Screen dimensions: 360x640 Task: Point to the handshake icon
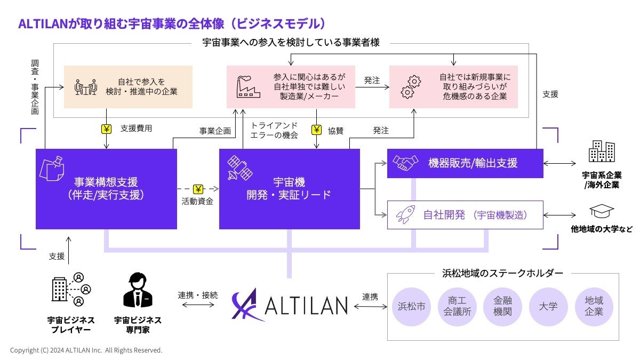[x=404, y=162]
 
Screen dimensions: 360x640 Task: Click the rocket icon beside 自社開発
[x=403, y=215]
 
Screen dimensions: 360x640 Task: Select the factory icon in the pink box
[x=248, y=86]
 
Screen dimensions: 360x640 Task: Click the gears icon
[x=411, y=86]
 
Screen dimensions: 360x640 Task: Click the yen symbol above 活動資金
[x=198, y=189]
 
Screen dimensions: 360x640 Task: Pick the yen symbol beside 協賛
[x=317, y=129]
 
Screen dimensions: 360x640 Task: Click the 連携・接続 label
[x=198, y=295]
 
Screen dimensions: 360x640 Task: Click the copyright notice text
[x=86, y=350]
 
